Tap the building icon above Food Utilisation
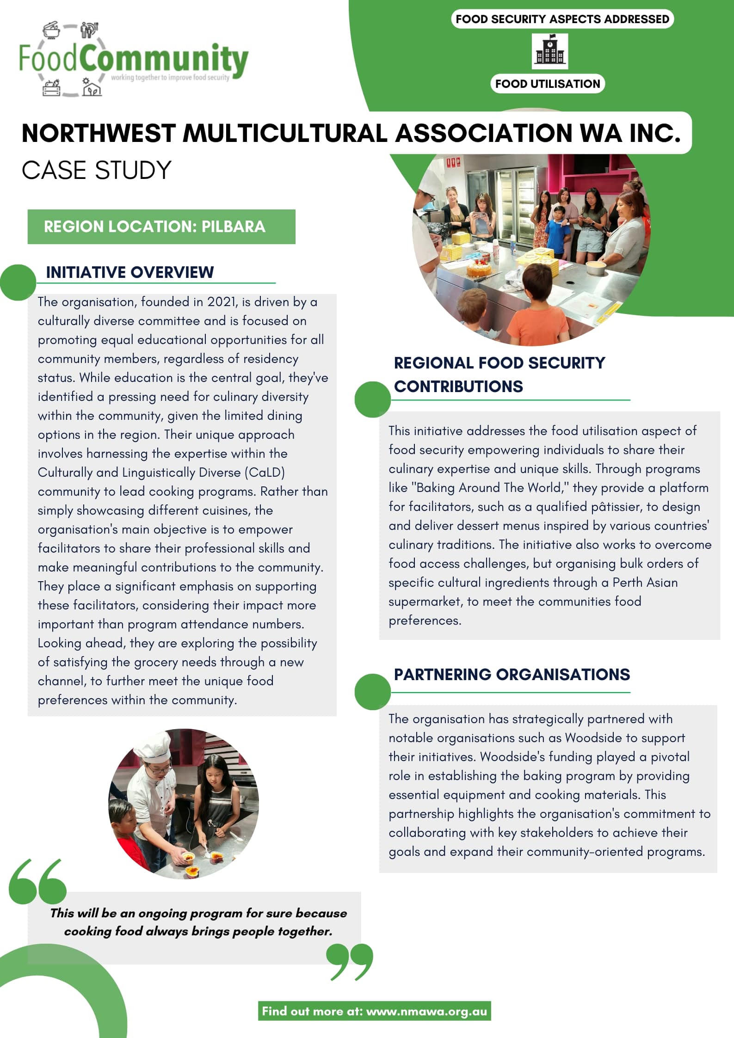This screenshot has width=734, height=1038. [x=549, y=51]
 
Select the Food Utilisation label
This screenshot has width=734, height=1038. [x=548, y=84]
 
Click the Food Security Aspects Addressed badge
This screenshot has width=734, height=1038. [x=562, y=19]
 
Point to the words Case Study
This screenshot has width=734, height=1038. [x=97, y=170]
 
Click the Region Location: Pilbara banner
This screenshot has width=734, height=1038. [x=161, y=227]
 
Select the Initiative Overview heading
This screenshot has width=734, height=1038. [x=130, y=272]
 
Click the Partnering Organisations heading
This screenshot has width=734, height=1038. [x=512, y=675]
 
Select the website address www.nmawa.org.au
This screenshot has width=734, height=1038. [x=426, y=1011]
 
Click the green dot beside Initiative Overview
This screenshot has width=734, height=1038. [x=18, y=283]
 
